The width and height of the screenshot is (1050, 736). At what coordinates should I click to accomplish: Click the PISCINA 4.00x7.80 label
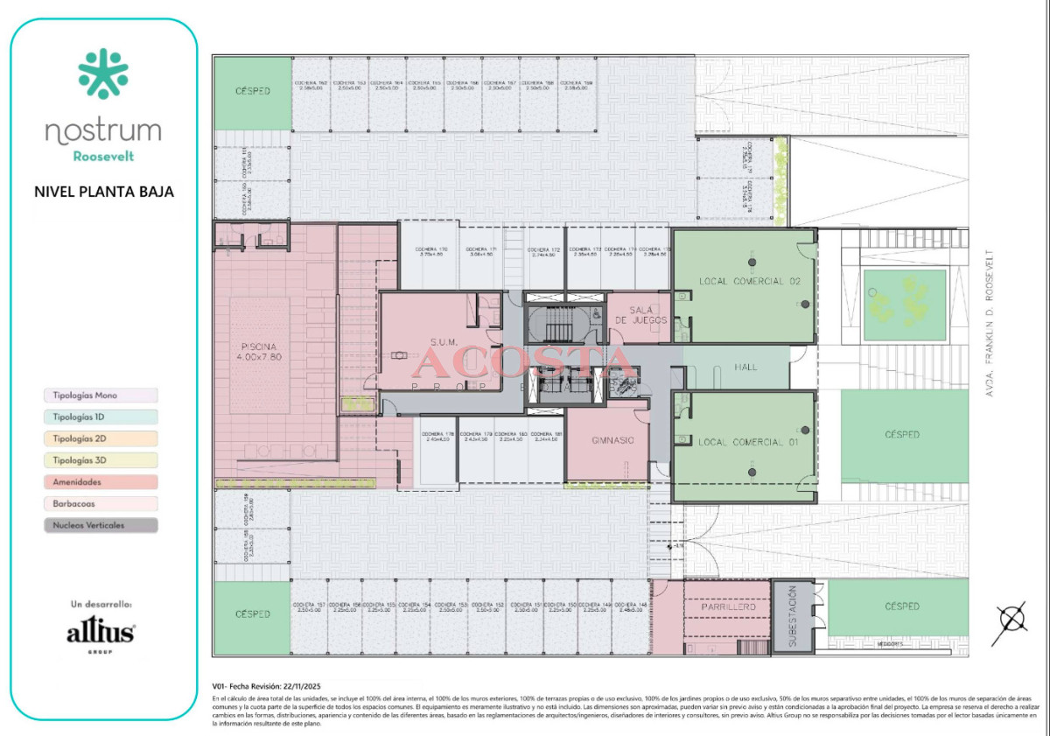pos(260,351)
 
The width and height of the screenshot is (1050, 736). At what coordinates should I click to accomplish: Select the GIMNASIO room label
pos(612,440)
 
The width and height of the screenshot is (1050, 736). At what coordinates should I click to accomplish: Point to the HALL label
pos(745,368)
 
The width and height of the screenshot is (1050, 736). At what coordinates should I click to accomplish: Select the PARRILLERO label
pos(727,606)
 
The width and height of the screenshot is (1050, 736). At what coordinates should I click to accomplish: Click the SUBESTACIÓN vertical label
pos(792,617)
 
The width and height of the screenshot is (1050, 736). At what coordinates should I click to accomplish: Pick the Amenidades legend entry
pos(101,482)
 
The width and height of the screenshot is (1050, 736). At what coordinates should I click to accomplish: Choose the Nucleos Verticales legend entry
pos(101,526)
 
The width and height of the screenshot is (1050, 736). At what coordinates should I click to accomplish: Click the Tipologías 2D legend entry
pos(101,438)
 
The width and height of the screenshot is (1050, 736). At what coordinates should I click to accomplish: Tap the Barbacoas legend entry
pos(101,504)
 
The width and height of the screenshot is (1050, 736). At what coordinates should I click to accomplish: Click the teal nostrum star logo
pos(103,74)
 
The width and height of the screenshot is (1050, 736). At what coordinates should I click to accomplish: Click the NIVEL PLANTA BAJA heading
pos(103,191)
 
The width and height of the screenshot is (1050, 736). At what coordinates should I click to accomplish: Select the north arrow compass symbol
pos(1013,620)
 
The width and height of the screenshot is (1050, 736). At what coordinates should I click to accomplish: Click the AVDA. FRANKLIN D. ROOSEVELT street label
pos(991,324)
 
